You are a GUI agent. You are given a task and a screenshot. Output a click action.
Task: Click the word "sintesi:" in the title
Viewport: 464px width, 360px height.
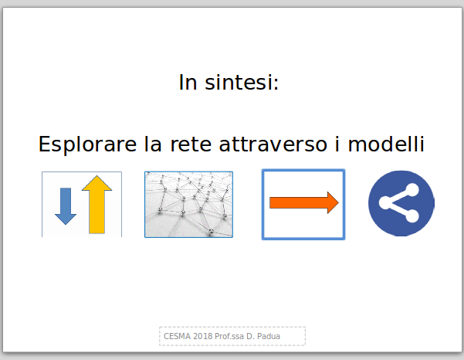tap(242, 82)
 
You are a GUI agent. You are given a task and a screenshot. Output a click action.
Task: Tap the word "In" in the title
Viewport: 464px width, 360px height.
tap(188, 82)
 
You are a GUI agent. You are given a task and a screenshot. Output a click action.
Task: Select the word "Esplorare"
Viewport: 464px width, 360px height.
tap(87, 144)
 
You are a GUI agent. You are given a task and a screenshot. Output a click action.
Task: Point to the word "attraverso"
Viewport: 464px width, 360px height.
tap(273, 144)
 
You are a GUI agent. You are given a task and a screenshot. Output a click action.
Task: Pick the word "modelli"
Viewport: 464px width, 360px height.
tap(386, 144)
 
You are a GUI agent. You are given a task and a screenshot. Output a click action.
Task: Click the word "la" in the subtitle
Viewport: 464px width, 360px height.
tap(153, 144)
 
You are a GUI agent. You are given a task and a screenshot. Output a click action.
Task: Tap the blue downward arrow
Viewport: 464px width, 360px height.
tap(66, 206)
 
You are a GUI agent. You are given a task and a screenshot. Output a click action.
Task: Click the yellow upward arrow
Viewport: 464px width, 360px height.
tap(97, 204)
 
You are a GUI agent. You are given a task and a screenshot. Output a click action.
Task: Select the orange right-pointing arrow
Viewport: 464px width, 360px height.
tap(304, 203)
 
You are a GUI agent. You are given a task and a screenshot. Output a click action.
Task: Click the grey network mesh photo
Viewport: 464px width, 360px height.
tap(189, 204)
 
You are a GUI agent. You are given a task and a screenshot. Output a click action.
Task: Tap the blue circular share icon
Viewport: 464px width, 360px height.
tap(401, 203)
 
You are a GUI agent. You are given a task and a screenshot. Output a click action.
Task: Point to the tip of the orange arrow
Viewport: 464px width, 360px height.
tap(338, 203)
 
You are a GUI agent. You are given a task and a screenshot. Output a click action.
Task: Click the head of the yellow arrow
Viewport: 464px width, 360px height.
tap(97, 183)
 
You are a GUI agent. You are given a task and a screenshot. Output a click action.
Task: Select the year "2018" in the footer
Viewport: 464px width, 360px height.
tap(203, 336)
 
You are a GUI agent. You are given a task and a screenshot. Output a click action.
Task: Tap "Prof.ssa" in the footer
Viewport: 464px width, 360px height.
tap(229, 336)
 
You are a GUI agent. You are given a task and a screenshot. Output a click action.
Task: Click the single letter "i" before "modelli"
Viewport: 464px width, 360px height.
tap(337, 144)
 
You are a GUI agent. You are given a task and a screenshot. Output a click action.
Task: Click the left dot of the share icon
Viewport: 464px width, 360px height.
tap(384, 203)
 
